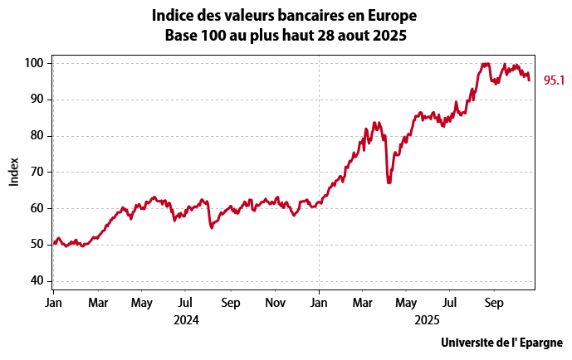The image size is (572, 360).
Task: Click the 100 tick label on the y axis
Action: pos(35,63)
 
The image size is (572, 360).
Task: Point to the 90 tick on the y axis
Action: pos(38,100)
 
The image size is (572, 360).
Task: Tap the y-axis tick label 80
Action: pos(38,136)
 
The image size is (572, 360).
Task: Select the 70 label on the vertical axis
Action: pos(38,172)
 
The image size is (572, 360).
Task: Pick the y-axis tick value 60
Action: pos(38,208)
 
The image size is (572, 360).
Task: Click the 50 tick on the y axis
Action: pos(38,245)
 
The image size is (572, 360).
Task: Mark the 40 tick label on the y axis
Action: pos(38,280)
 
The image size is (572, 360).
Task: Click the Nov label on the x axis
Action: pos(275,303)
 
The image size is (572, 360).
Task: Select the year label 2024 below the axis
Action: pos(187,318)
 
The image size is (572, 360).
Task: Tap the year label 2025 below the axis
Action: pos(427,318)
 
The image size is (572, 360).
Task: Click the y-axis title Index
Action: pos(14,172)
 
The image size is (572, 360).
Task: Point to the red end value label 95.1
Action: pos(554,80)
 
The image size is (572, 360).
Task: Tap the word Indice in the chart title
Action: pos(173,16)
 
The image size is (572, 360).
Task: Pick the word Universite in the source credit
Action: pos(471,343)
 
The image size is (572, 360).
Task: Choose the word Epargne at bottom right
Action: pos(540,343)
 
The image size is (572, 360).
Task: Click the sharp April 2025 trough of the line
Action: pos(389,182)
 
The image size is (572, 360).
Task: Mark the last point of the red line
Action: pos(530,80)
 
